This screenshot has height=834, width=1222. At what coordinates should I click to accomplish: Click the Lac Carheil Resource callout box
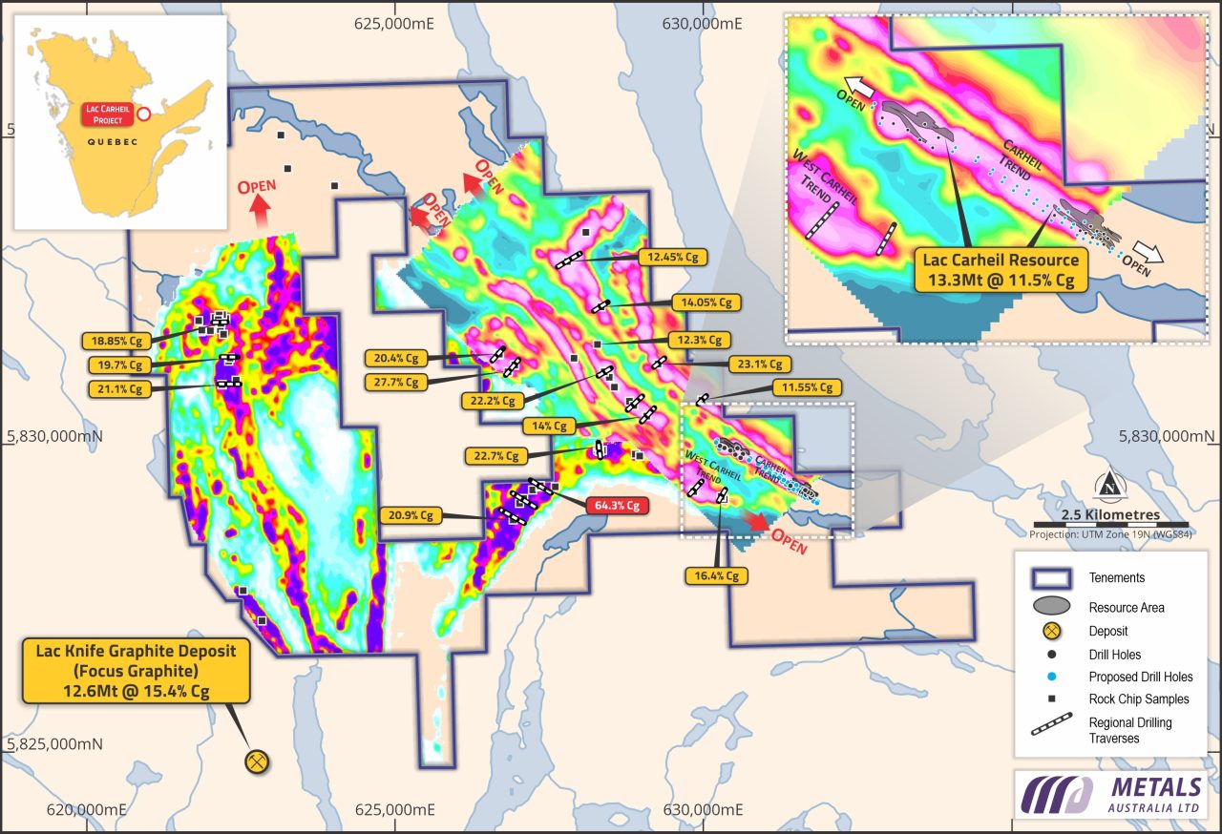[x=999, y=270]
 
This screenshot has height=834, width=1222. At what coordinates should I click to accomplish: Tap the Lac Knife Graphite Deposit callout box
[x=136, y=671]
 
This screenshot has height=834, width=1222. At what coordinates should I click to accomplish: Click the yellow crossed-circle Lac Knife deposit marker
[x=257, y=761]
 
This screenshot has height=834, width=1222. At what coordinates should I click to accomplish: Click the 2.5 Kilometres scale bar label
[x=1110, y=514]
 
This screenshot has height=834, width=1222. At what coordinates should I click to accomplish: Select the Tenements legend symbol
[x=1050, y=578]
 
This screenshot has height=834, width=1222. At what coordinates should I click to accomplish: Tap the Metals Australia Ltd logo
[x=1112, y=795]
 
